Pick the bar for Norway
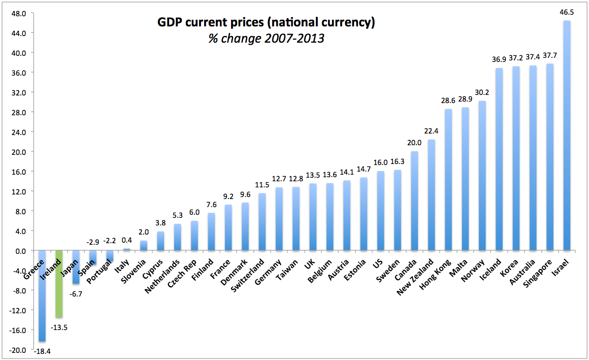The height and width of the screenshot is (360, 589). coord(482,175)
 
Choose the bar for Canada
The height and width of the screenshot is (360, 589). coord(414,201)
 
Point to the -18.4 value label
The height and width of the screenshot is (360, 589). coord(42,351)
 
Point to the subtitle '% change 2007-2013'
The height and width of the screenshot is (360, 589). coord(266,39)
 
